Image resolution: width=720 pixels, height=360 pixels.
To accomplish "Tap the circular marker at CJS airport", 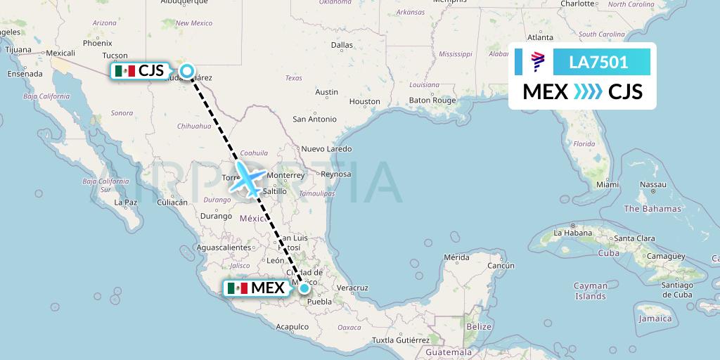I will click(x=187, y=70).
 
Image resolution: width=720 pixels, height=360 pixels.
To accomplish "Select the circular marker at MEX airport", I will click(x=304, y=288).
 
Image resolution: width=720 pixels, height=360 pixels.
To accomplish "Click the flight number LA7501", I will click(x=599, y=62).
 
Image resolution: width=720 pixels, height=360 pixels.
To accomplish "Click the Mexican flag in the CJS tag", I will click(x=124, y=71).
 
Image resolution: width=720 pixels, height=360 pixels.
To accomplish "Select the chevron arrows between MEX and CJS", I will click(x=588, y=92).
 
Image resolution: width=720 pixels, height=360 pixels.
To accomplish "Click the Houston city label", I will click(x=364, y=102).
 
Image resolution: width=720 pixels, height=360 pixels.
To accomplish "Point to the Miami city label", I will click(x=607, y=184).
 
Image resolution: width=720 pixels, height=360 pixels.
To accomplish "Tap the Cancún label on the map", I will click(x=501, y=266).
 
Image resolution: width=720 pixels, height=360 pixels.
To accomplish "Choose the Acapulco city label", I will click(x=292, y=327).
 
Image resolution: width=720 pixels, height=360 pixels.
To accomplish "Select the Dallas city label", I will click(x=342, y=45).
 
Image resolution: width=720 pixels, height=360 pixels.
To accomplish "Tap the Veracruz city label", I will click(x=352, y=288).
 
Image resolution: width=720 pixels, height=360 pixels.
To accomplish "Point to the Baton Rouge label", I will click(x=433, y=101).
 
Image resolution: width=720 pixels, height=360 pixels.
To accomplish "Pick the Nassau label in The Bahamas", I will click(x=653, y=184).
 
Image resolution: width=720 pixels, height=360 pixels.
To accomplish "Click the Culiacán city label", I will click(x=172, y=202).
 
